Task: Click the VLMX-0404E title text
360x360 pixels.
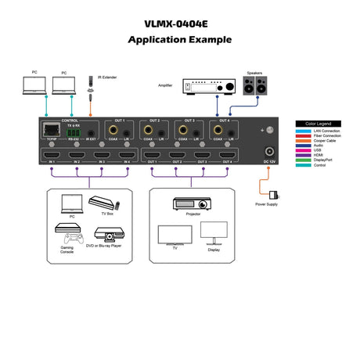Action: tap(180, 23)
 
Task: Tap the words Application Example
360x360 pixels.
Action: tap(180, 39)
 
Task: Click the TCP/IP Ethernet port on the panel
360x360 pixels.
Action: tap(52, 131)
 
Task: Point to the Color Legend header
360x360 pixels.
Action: tap(319, 124)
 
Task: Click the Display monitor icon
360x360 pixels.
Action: tap(212, 230)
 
